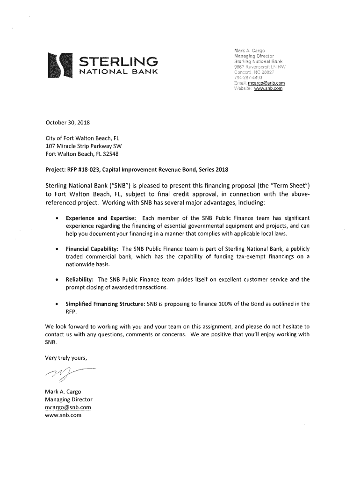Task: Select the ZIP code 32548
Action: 109,153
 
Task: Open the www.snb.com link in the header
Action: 268,88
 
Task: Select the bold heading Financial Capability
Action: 92,249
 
